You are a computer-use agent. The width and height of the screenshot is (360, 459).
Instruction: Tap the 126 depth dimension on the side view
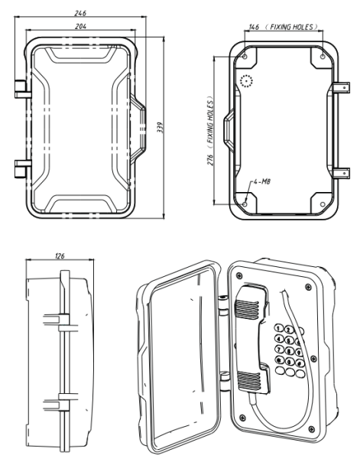tap(60, 256)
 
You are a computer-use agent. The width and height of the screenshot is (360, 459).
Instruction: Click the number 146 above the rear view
tap(255, 27)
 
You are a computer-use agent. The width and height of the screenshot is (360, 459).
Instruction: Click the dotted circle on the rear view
tap(245, 82)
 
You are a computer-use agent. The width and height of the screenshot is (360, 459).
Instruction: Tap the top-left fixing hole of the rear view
tap(244, 57)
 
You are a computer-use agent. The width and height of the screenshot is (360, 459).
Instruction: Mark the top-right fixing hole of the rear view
tap(323, 57)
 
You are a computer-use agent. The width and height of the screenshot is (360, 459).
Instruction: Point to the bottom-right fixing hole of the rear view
tap(323, 203)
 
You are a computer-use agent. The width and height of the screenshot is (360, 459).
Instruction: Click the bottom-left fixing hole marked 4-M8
tap(244, 203)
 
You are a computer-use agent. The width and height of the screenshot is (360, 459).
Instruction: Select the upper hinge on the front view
tap(20, 88)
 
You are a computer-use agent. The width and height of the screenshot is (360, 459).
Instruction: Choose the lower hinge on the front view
tap(20, 168)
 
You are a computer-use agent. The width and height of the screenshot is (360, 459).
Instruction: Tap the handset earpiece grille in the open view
tap(245, 310)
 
